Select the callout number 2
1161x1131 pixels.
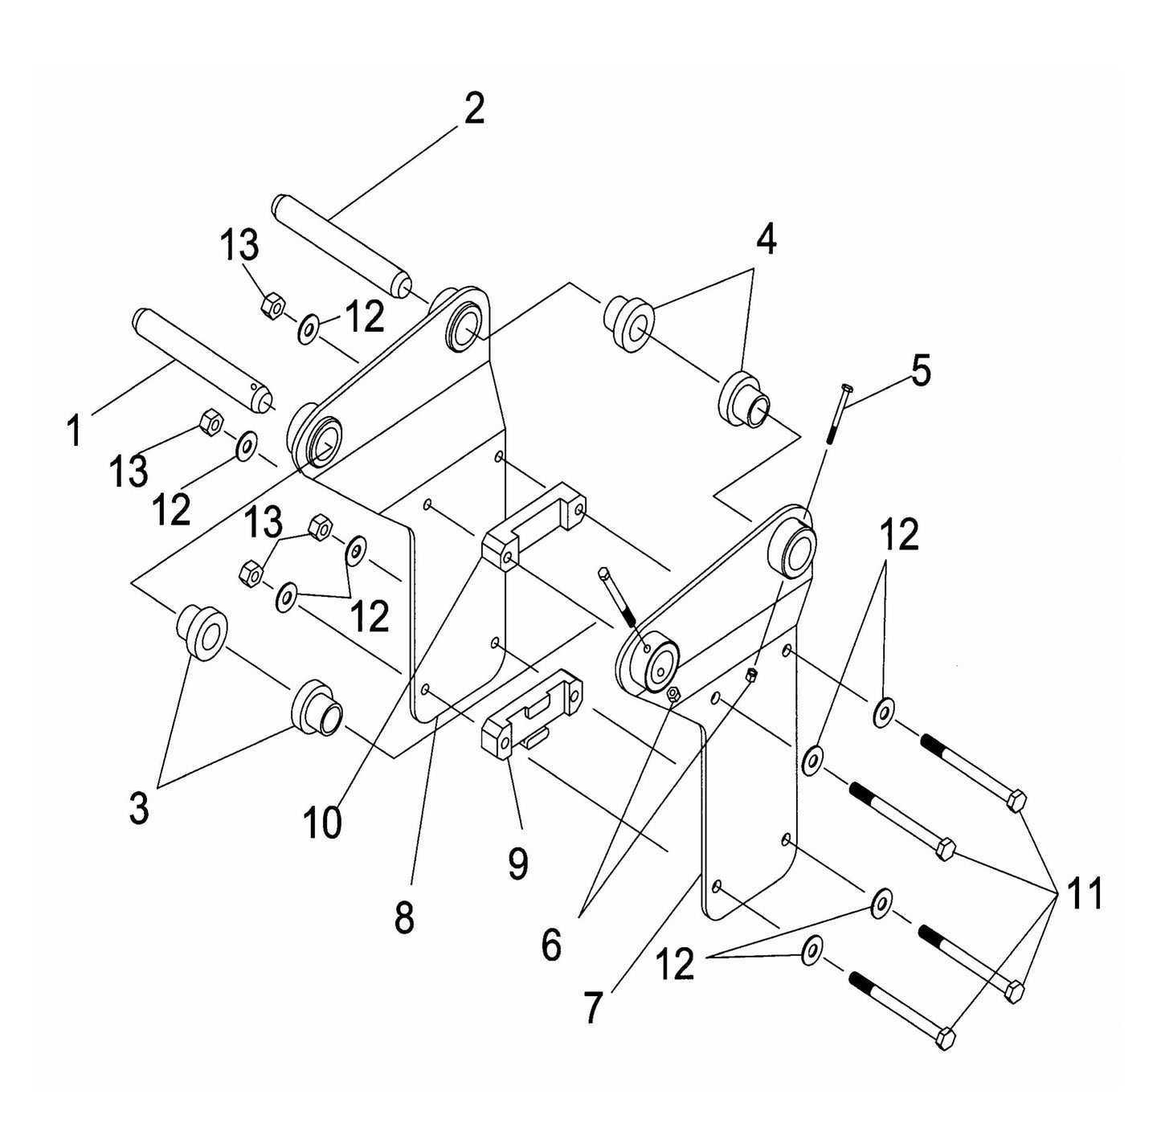point(474,109)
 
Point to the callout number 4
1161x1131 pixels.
point(767,239)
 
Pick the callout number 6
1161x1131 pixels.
point(551,945)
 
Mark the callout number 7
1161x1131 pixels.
point(592,1009)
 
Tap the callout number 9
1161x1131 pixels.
point(518,863)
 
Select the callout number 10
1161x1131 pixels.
point(322,823)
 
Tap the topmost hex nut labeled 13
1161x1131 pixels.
point(272,305)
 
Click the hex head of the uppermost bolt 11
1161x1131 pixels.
point(1016,800)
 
